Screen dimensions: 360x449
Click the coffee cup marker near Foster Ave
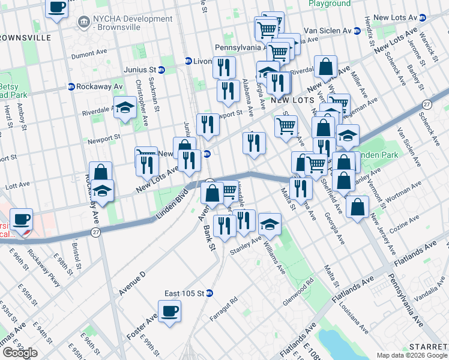[170, 311]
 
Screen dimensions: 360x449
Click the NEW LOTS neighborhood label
[292, 100]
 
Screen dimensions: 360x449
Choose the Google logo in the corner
[20, 353]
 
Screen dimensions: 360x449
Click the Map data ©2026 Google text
[412, 355]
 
